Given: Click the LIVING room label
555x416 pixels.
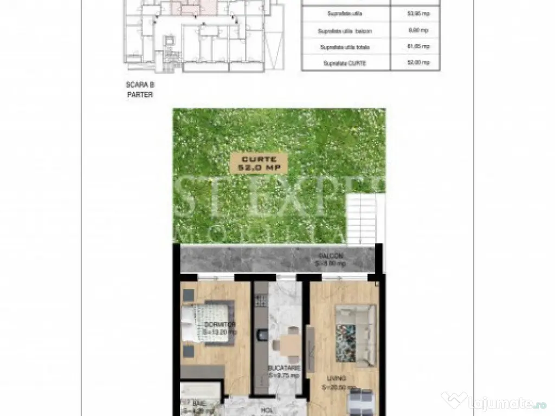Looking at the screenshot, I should point(337,379).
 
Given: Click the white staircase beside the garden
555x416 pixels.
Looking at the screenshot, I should point(362,219).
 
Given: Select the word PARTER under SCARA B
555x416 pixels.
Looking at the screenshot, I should point(139,94).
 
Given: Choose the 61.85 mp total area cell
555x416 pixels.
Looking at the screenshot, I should point(416,47).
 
